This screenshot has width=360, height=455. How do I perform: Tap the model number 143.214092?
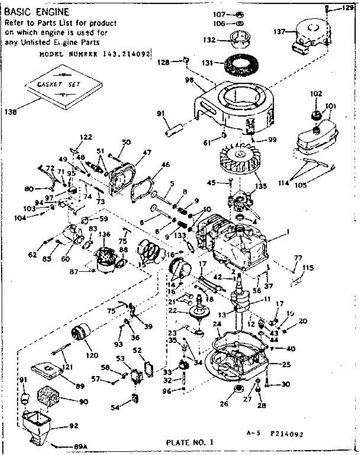[95, 54]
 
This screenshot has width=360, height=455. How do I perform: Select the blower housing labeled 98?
[235, 106]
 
